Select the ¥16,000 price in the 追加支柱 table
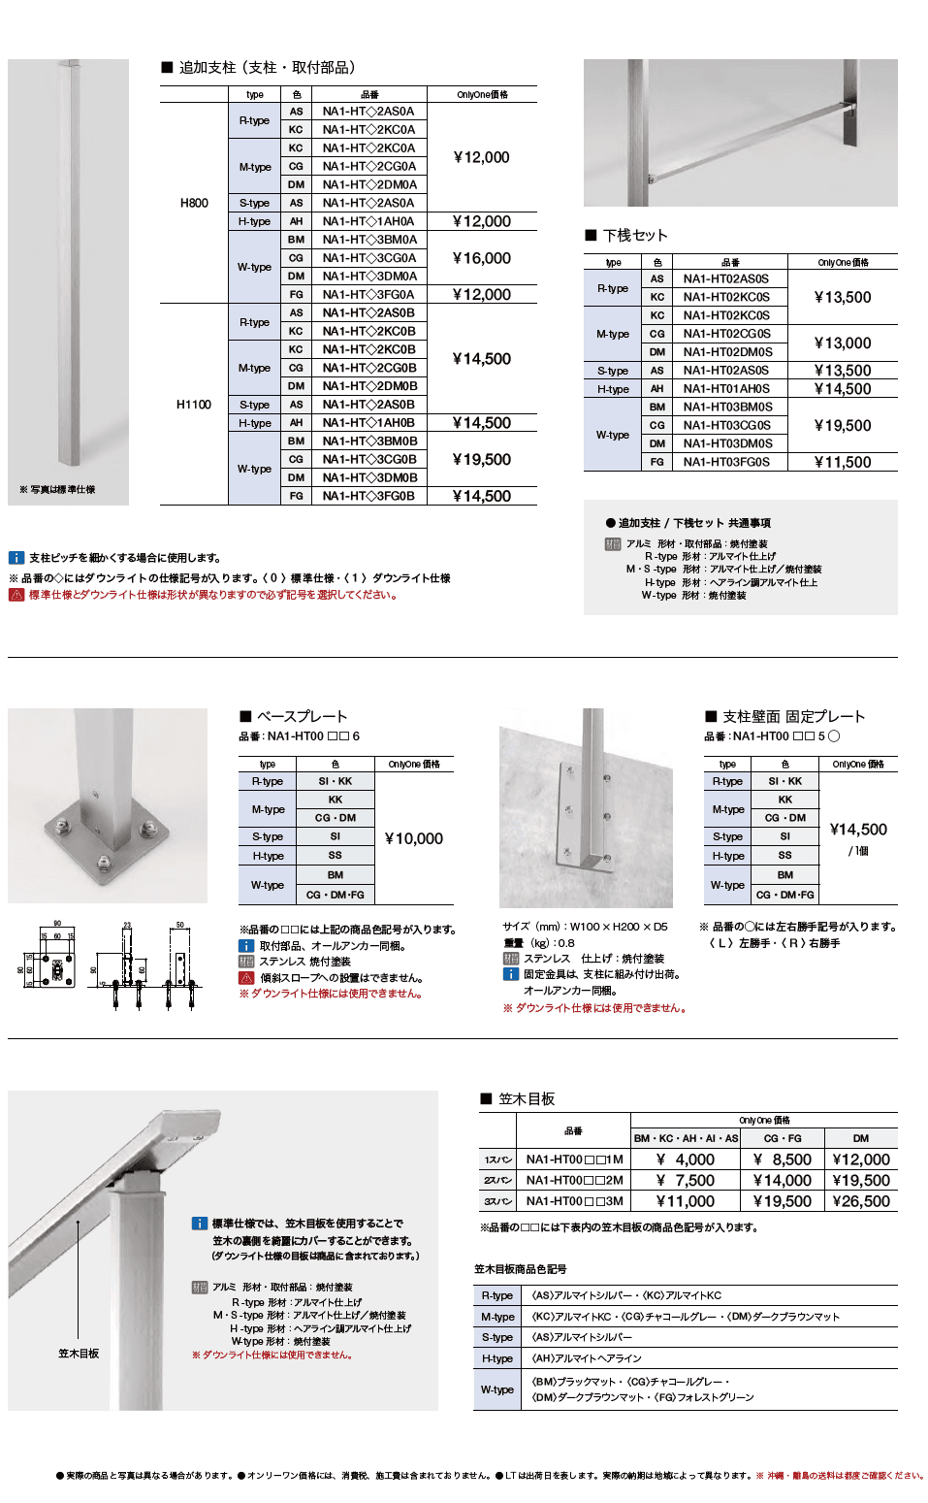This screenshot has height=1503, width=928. tap(482, 258)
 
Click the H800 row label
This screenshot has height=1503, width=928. tap(194, 203)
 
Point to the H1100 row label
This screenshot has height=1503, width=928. tap(194, 405)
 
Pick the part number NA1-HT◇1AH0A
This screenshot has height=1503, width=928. tap(368, 221)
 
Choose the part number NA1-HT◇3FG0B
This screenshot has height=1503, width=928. tap(368, 496)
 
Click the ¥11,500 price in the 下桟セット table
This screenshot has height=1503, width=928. tap(843, 463)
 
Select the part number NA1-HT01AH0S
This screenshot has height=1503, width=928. tap(726, 389)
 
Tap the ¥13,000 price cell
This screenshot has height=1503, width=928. tap(843, 343)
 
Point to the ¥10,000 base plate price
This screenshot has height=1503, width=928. tap(414, 838)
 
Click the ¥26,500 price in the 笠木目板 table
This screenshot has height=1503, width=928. tap(861, 1201)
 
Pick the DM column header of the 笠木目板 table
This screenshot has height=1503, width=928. tap(861, 1138)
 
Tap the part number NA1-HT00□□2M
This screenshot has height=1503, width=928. tap(575, 1181)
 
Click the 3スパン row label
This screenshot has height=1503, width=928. tap(498, 1201)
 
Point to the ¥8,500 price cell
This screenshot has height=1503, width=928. tap(783, 1160)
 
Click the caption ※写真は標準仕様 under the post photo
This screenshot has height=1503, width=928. tap(58, 490)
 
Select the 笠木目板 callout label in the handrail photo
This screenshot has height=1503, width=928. tap(79, 1354)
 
